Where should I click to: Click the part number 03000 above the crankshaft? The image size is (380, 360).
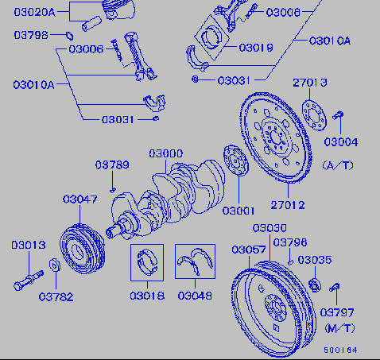[x=166, y=153]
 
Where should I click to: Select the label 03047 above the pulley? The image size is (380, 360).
[x=80, y=199]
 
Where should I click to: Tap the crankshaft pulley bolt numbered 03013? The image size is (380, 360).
[x=29, y=281]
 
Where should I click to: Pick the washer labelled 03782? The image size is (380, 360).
[x=55, y=265]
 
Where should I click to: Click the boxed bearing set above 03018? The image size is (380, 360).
[x=147, y=262]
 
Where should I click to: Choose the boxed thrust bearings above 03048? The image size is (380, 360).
[x=195, y=261]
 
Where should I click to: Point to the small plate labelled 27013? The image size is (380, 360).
[x=314, y=115]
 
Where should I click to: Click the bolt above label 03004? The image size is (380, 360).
[x=339, y=115]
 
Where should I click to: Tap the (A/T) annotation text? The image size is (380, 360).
[x=338, y=165]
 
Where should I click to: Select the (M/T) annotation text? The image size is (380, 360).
[x=339, y=328]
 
